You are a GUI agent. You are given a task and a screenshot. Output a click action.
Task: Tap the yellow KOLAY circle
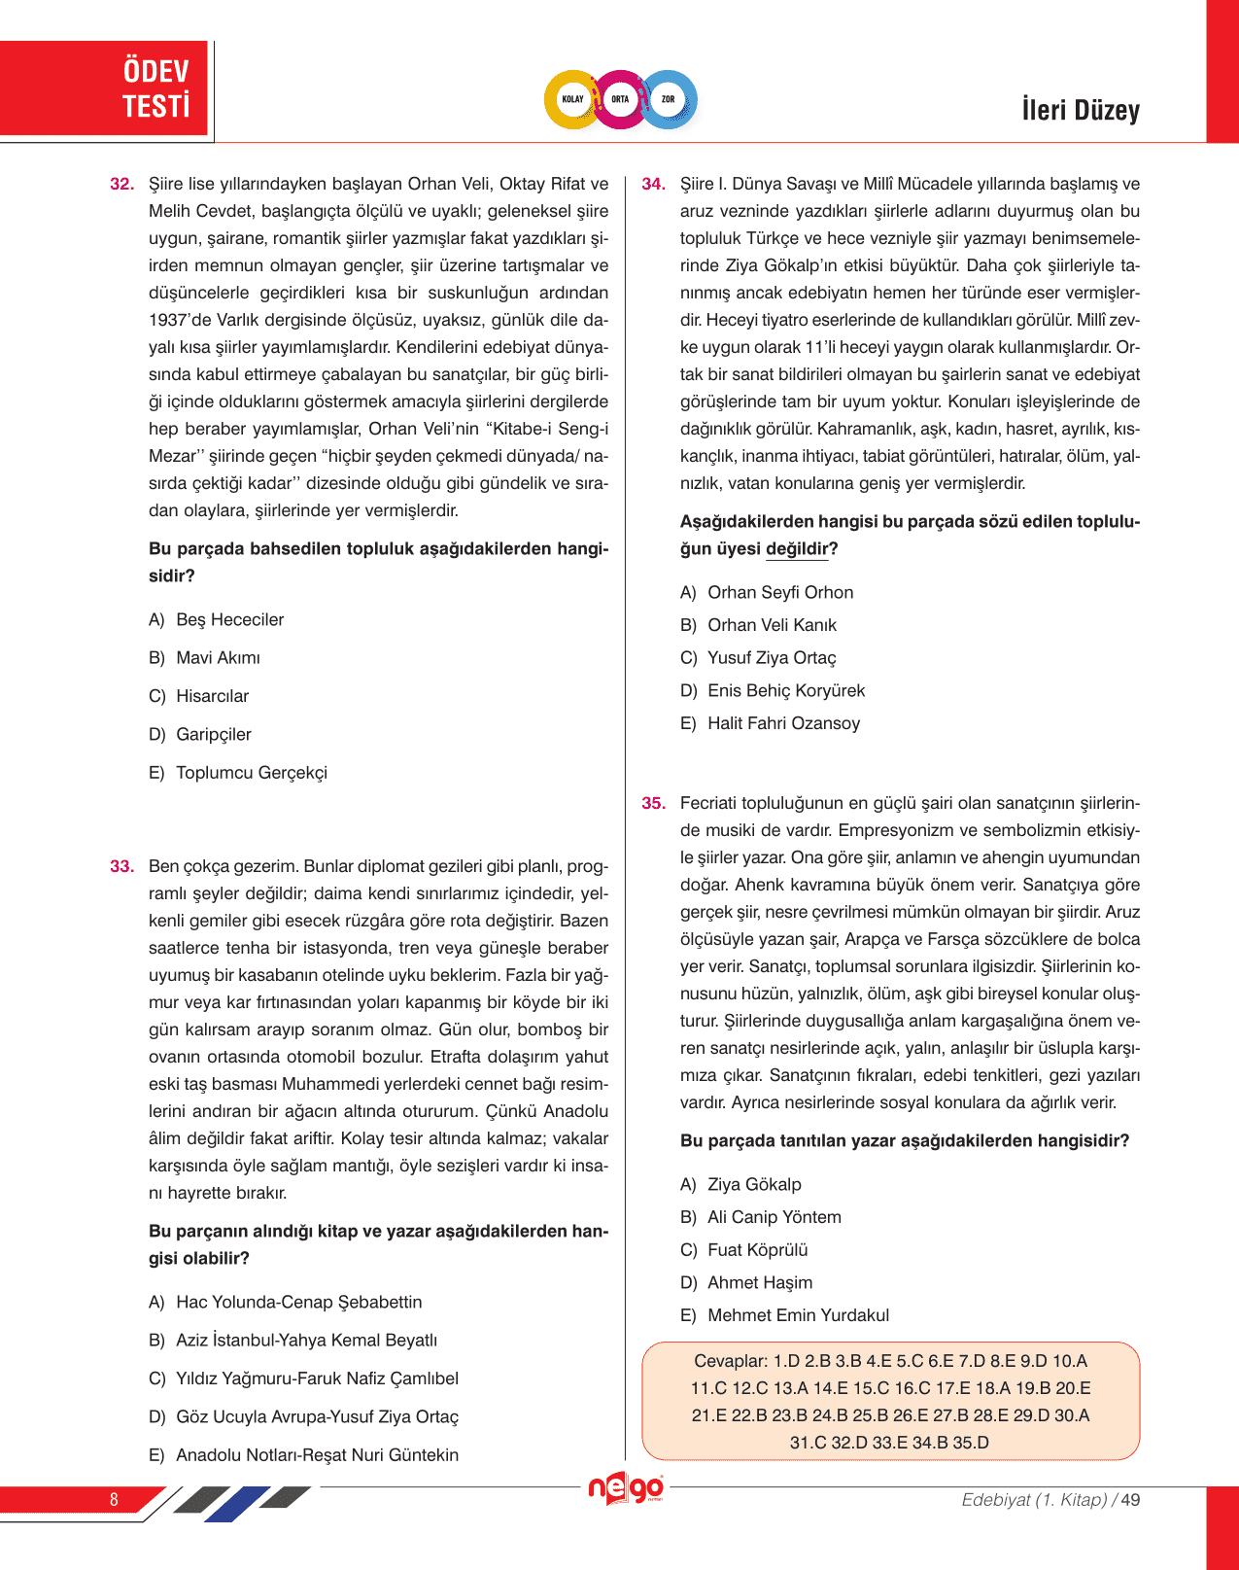tap(572, 99)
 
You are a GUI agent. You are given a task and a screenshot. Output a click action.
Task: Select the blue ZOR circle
tap(669, 99)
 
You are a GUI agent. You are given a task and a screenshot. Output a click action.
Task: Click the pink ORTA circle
tap(620, 99)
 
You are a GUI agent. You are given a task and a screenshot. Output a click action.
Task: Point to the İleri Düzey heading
tap(1080, 110)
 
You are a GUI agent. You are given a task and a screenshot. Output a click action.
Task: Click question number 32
tap(122, 184)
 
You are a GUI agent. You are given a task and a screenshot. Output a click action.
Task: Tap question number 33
tap(122, 866)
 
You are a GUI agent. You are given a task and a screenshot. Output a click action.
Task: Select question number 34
tap(654, 184)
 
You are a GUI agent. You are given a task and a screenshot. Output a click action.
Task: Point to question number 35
tap(654, 803)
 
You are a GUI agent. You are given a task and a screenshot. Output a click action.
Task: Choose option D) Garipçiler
tap(200, 735)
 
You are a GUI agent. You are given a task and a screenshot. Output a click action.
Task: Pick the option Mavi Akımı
tap(218, 658)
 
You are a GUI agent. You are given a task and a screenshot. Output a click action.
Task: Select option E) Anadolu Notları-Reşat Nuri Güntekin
tap(303, 1455)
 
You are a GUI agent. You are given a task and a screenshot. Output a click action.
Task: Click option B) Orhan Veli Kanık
tap(758, 625)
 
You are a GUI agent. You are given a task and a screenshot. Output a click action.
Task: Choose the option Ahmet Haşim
tap(760, 1283)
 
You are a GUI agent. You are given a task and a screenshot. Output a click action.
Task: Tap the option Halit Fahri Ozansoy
tap(783, 723)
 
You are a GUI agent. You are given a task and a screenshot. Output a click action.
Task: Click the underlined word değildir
tap(797, 549)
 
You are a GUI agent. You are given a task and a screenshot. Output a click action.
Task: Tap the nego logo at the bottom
tap(627, 1488)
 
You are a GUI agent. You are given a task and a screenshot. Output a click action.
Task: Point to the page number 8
tap(114, 1499)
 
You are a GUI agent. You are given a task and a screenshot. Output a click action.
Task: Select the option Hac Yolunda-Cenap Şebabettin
tap(286, 1303)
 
